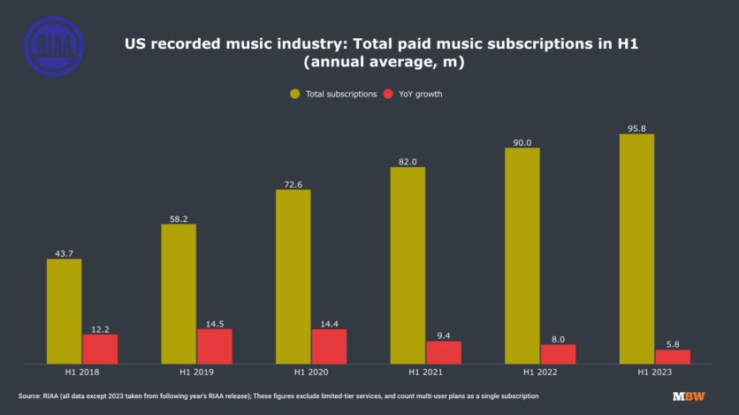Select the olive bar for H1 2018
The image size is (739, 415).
coord(64,311)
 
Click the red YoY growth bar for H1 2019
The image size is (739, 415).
coord(214,346)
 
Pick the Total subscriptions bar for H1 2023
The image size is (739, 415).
coord(636,249)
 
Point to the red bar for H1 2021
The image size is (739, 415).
coord(443,352)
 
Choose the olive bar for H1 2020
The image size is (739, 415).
coord(293,276)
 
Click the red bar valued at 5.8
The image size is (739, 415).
coord(673,357)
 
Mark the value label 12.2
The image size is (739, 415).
coord(100,327)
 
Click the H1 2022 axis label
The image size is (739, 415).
coord(539,372)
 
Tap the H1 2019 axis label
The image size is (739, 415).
coord(196,372)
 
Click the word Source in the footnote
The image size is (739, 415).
coord(30,396)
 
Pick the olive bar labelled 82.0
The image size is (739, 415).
coord(408,265)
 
